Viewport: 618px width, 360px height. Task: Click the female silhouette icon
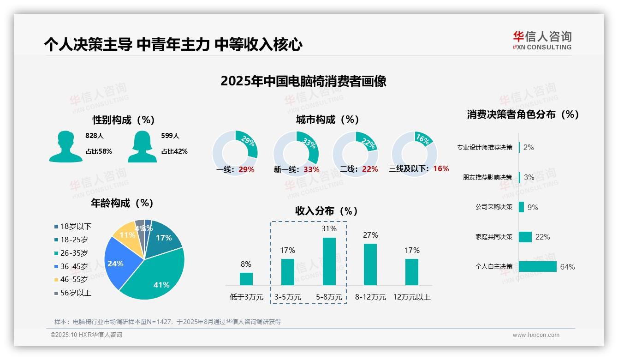pos(142,146)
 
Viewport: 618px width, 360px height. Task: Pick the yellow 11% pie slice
pos(125,235)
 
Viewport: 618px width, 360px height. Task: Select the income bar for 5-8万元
pos(329,261)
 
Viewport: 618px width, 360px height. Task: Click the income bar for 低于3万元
pos(246,279)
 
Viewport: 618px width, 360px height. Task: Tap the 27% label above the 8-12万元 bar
pos(370,235)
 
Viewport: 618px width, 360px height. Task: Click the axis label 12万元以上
pos(411,297)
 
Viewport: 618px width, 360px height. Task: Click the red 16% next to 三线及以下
pos(441,168)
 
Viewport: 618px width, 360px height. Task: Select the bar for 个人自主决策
pos(537,266)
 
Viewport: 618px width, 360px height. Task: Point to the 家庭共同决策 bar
pos(525,237)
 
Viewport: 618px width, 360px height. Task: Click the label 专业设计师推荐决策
pos(484,147)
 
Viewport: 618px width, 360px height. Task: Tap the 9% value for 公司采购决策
pos(533,207)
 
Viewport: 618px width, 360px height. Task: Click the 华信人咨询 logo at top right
pos(542,40)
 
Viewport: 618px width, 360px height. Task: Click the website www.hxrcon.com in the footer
pos(535,335)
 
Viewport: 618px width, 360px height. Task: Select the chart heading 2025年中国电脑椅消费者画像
pos(303,81)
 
